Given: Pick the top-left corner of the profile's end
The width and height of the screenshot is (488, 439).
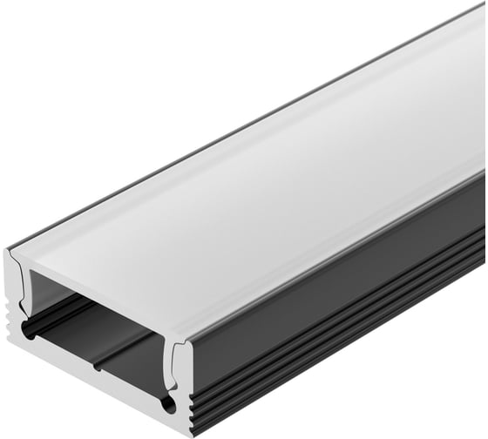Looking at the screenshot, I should pos(9,250).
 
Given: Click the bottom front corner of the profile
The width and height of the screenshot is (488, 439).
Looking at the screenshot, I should pos(186,433).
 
